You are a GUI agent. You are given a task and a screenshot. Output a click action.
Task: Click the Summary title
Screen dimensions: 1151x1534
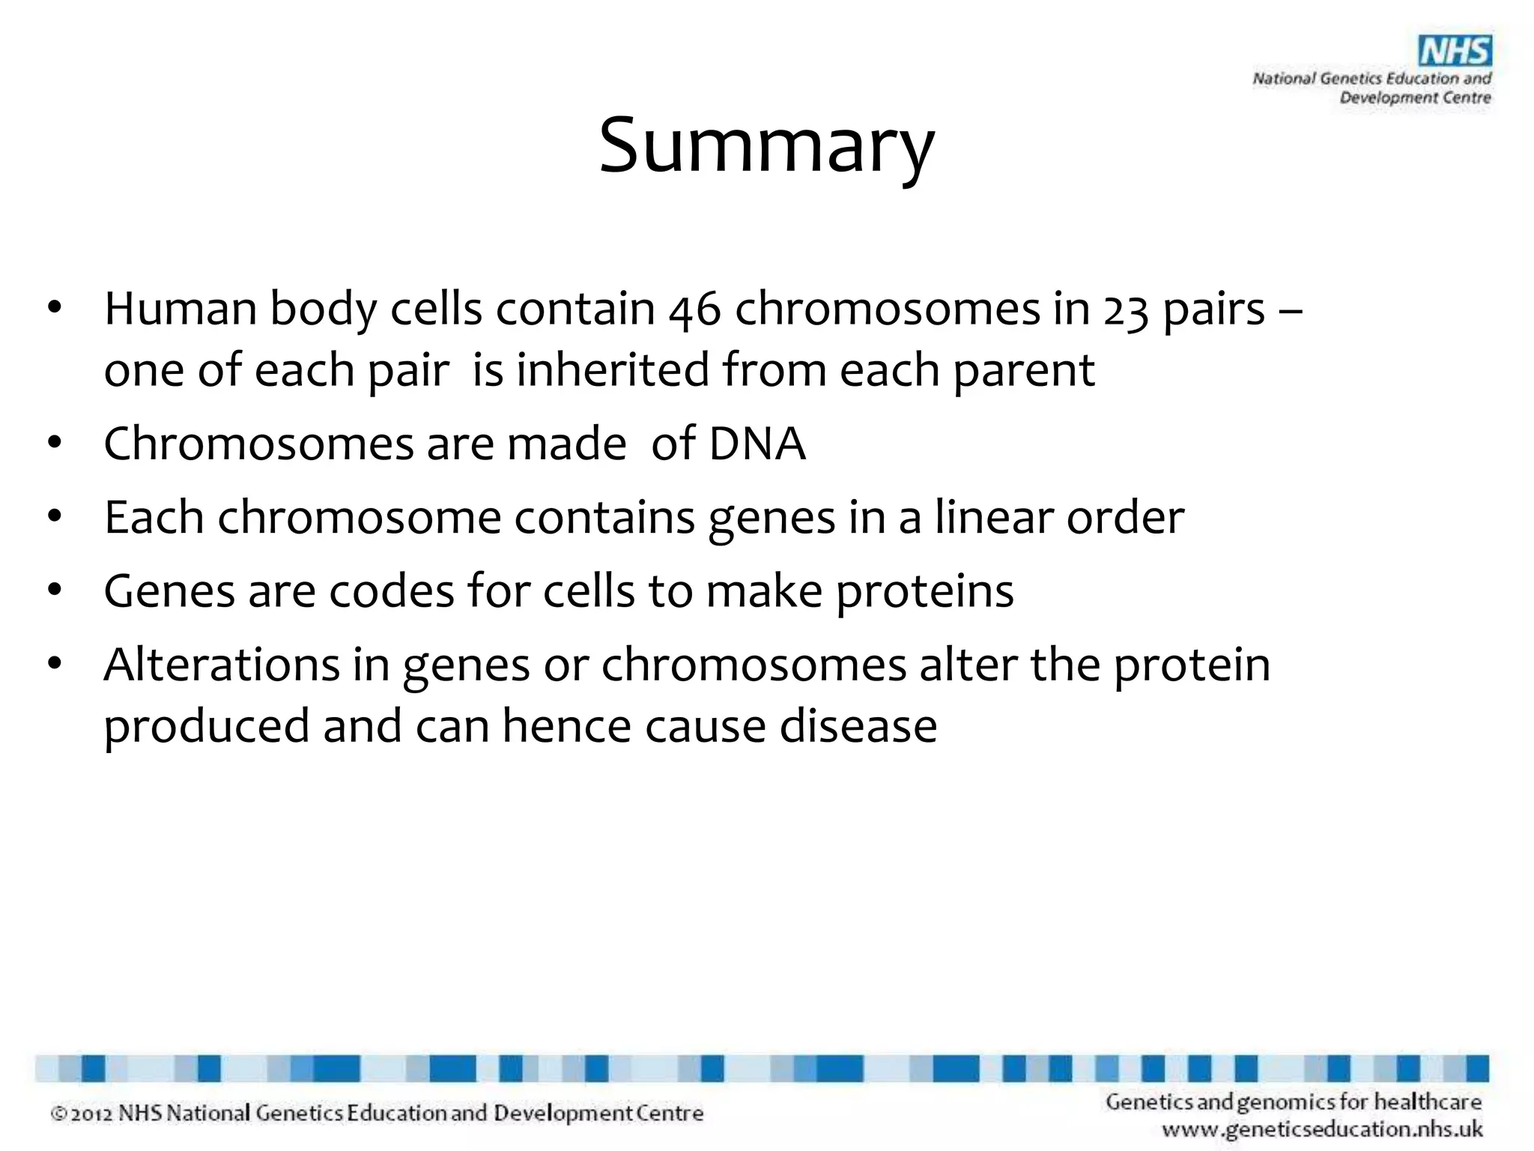[x=766, y=146]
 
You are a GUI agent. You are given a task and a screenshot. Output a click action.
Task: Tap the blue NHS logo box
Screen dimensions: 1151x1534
[x=1455, y=52]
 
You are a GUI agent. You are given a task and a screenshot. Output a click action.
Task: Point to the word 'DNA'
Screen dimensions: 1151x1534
[x=757, y=444]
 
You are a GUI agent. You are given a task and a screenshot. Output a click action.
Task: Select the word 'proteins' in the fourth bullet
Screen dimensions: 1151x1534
[x=924, y=591]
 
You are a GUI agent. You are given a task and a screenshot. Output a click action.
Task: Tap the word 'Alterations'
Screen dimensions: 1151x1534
[x=222, y=665]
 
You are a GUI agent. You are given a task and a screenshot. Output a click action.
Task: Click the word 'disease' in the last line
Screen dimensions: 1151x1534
[x=858, y=726]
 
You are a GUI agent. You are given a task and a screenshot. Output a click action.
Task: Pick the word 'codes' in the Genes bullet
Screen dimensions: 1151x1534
[x=391, y=591]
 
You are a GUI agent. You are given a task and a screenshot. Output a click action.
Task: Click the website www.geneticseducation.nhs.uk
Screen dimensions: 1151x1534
[x=1322, y=1129]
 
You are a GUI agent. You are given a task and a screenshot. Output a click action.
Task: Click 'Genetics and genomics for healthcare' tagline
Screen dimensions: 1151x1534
[x=1294, y=1102]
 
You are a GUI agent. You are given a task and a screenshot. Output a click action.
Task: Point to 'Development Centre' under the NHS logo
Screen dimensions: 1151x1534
[x=1415, y=97]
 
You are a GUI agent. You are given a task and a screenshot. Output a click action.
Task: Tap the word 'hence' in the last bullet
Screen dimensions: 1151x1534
[x=566, y=726]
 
